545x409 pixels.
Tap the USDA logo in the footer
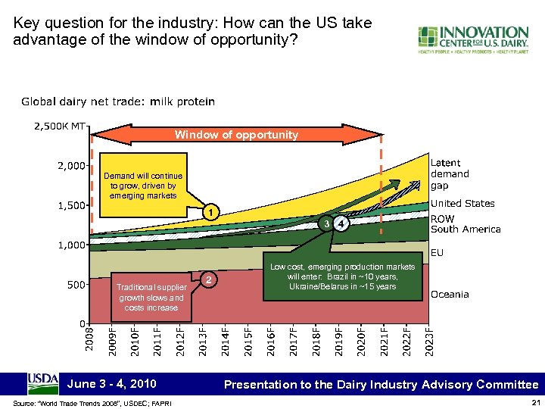[43, 384]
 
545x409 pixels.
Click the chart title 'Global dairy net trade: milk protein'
[118, 101]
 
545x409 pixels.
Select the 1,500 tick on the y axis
[71, 205]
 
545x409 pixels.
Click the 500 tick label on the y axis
[76, 285]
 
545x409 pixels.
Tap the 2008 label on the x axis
[89, 337]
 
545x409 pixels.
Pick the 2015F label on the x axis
[248, 339]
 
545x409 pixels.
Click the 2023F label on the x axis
[429, 339]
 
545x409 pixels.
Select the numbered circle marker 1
[214, 214]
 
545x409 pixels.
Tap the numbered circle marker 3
[325, 224]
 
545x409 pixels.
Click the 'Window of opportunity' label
[237, 135]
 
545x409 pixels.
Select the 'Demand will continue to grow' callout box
[142, 186]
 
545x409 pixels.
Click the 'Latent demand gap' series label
[450, 173]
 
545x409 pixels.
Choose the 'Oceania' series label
[450, 294]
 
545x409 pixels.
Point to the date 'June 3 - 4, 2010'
[112, 384]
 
